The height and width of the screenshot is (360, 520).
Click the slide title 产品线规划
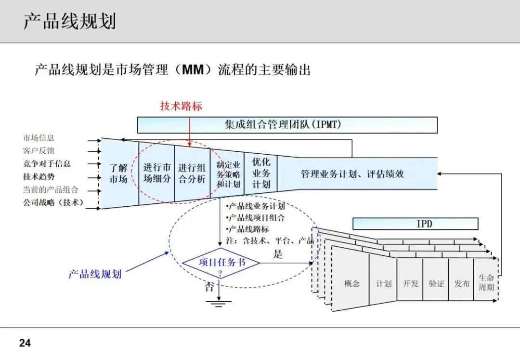coord(70,22)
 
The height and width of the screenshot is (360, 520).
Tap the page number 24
coord(25,343)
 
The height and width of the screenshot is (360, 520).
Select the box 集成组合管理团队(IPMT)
coord(287,125)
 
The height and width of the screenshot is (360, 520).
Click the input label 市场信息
coord(39,138)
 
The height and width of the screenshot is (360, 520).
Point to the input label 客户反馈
coord(39,151)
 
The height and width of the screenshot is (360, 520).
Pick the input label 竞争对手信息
coord(47,164)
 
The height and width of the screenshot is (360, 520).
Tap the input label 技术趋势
coord(39,177)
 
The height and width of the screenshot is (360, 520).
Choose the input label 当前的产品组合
coord(51,190)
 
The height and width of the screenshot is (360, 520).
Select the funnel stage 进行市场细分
coord(157,173)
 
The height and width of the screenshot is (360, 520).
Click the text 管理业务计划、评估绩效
coord(352,174)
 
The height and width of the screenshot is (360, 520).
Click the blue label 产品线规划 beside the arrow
coord(94,274)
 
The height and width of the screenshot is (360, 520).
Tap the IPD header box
coord(415,224)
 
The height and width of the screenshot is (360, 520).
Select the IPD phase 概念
coord(352,283)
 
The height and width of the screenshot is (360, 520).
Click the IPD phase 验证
coord(436,283)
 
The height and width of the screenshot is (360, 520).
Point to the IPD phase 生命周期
coord(486,283)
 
